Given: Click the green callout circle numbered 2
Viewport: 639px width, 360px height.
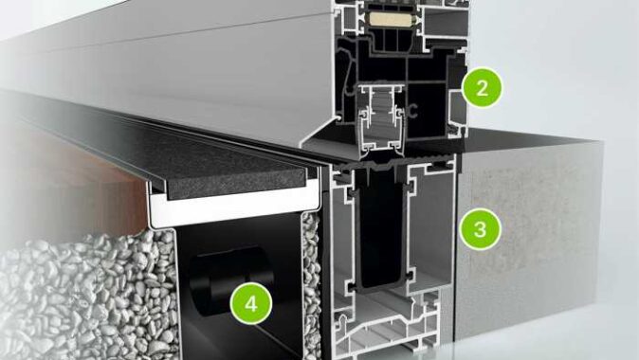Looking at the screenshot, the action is [483, 88].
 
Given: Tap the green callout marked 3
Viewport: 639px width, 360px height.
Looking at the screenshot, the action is [481, 229].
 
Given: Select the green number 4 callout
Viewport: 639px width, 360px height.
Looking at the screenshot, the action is [251, 303].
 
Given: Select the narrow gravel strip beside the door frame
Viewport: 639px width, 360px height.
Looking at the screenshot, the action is [311, 285].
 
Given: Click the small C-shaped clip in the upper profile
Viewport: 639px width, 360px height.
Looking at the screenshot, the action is [412, 110].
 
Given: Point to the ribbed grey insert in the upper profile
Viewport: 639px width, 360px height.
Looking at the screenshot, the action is [381, 118].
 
